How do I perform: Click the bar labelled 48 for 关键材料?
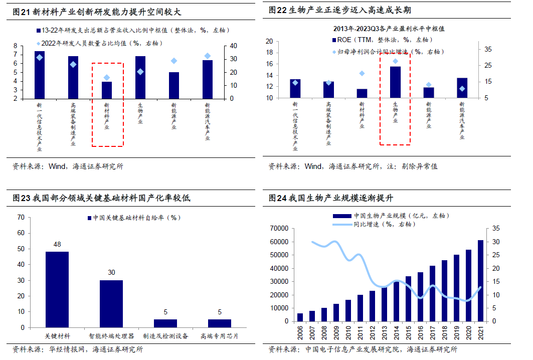[57, 289]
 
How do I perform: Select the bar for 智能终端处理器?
[111, 304]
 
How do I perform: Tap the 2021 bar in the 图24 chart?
[480, 281]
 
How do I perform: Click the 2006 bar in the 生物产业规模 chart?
[300, 317]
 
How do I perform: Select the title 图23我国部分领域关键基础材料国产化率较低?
[101, 199]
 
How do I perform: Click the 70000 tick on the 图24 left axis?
[278, 229]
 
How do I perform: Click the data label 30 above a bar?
[111, 272]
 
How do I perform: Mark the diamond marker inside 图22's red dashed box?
[395, 61]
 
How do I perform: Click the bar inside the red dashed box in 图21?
[107, 90]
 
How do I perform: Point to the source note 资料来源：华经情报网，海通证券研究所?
[78, 349]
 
